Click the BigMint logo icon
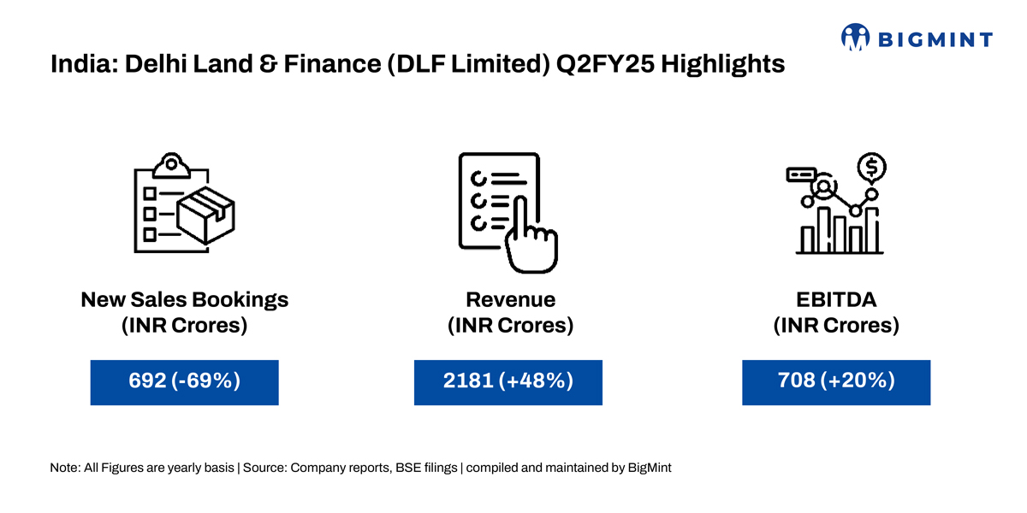[855, 37]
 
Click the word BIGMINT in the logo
[935, 39]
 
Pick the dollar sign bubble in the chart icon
[871, 167]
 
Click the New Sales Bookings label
[184, 300]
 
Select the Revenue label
[510, 300]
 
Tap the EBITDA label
[836, 300]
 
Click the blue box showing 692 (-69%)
[184, 381]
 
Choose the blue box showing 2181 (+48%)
[508, 381]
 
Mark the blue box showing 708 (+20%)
[836, 381]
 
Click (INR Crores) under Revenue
[510, 326]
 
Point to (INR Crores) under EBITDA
[836, 326]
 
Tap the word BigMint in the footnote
[651, 469]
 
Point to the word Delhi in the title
[153, 64]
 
